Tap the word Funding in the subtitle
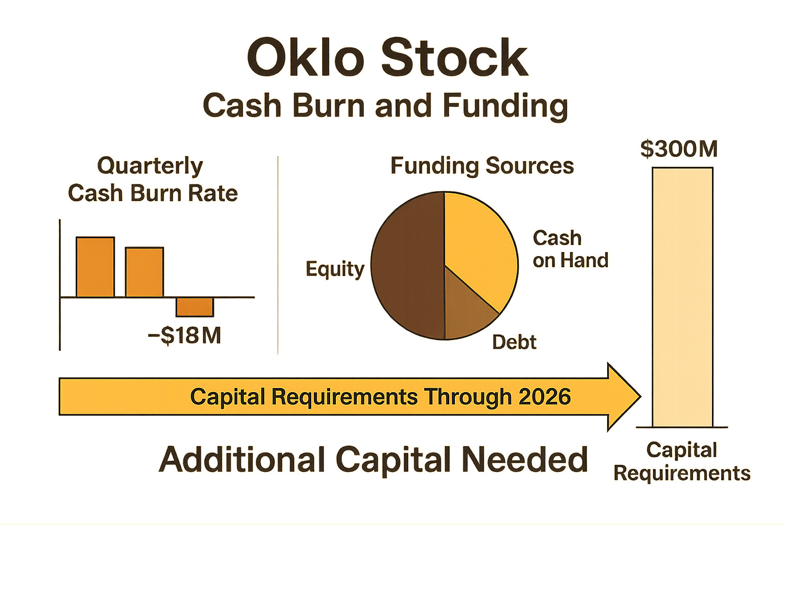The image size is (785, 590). (505, 106)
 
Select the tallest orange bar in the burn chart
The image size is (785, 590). (95, 266)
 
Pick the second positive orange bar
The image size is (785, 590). (145, 271)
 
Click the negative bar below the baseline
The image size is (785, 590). (195, 307)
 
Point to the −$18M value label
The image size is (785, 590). (185, 336)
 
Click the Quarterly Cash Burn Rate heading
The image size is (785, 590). (152, 179)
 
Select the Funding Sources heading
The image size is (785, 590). (482, 166)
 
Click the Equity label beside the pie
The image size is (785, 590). (335, 269)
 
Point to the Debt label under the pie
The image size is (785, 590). (514, 342)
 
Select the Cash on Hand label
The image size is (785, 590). (570, 249)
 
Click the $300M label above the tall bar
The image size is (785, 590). (679, 149)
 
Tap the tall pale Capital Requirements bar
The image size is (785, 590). (682, 297)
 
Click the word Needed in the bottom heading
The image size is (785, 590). (525, 460)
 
